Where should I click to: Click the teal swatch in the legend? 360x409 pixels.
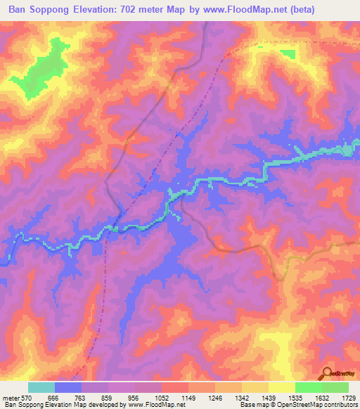pyautogui.click(x=41, y=387)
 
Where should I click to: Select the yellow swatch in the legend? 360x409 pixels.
pyautogui.click(x=281, y=387)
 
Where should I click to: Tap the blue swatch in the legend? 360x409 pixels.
pyautogui.click(x=68, y=387)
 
